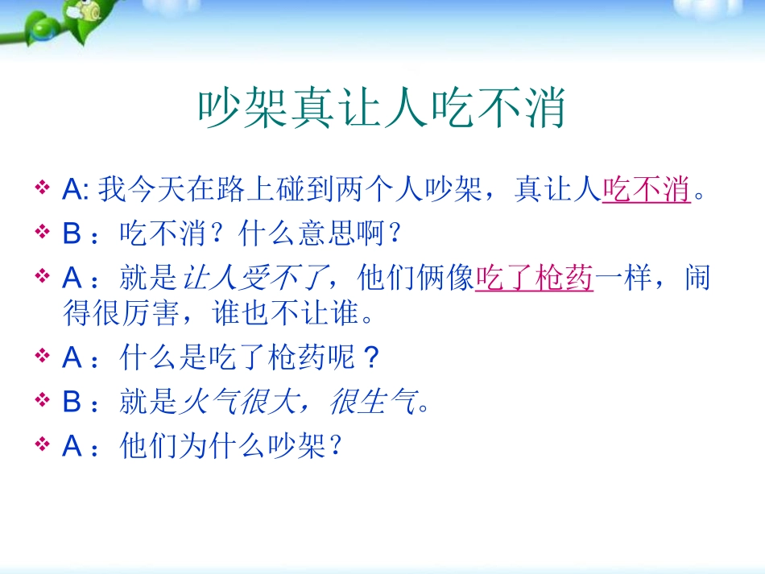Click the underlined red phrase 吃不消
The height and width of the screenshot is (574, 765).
point(646,191)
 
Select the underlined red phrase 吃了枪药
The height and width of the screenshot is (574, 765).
point(534,279)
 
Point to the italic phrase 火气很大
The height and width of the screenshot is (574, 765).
point(238,402)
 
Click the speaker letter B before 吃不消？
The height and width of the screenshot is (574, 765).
point(72,234)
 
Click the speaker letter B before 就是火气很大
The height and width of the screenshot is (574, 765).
point(72,402)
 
